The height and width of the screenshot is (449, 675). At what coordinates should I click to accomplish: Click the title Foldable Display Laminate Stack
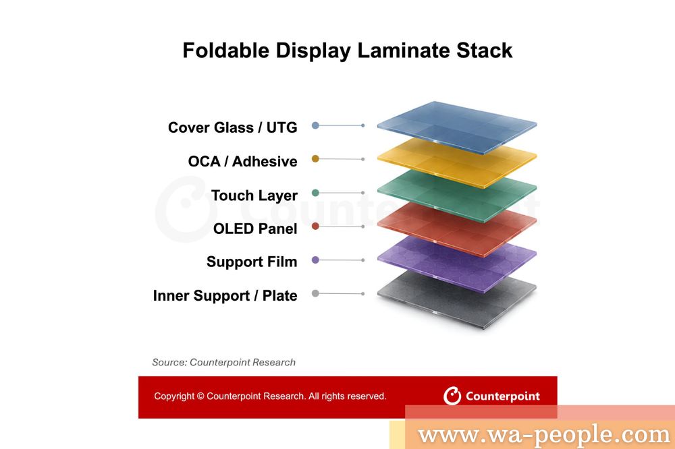click(x=348, y=51)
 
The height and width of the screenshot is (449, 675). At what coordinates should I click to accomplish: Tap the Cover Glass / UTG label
click(x=232, y=127)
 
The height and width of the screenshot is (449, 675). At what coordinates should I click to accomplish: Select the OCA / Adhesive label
click(x=243, y=161)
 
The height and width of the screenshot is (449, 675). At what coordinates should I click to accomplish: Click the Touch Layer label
click(x=254, y=196)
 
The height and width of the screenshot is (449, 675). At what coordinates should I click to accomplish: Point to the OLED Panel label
click(x=255, y=229)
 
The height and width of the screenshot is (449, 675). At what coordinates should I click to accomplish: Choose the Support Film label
click(x=252, y=262)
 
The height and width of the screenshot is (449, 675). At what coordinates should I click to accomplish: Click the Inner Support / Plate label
click(x=225, y=295)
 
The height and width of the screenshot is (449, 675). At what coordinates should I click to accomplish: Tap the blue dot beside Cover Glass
click(x=315, y=125)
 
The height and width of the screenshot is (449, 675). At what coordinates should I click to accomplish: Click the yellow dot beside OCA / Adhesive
click(x=315, y=158)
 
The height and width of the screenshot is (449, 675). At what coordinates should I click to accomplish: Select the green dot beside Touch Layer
click(x=315, y=193)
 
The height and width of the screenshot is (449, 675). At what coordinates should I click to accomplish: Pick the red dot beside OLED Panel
click(x=315, y=227)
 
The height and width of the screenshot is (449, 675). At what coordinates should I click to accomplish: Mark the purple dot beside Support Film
click(x=315, y=260)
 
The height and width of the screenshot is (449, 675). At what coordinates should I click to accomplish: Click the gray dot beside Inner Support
click(x=315, y=293)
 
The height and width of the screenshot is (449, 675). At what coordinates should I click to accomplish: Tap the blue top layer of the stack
click(x=457, y=127)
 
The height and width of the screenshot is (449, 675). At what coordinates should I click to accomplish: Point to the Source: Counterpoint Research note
click(x=224, y=362)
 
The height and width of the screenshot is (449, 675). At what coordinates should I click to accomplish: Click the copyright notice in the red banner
click(x=270, y=396)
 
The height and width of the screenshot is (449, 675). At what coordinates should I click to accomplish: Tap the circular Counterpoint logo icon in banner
click(x=452, y=396)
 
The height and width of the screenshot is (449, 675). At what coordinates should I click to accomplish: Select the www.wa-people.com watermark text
click(x=544, y=434)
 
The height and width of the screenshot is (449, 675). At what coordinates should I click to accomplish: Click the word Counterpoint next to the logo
click(x=503, y=396)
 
